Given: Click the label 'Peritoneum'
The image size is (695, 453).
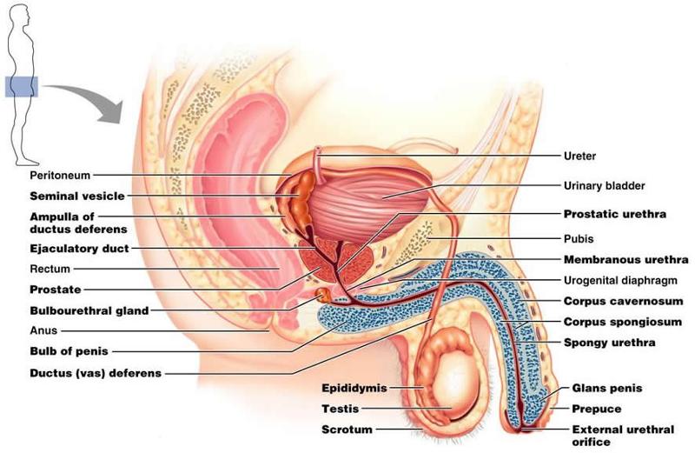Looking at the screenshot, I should (60, 175).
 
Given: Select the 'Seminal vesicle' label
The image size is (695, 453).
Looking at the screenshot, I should (77, 196).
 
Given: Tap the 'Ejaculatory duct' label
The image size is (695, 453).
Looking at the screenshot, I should (79, 248).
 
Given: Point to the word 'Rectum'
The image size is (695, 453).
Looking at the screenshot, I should (50, 269).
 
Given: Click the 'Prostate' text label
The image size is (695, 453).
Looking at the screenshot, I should (56, 289).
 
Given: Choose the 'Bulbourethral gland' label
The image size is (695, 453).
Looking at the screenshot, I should (89, 310).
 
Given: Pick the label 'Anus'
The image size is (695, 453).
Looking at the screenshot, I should (43, 330).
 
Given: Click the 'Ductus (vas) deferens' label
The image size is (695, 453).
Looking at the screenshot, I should (96, 373).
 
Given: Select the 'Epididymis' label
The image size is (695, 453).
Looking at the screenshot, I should (354, 388).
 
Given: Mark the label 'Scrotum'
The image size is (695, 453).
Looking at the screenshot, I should (347, 430).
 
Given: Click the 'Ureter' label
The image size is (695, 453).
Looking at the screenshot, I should (579, 157).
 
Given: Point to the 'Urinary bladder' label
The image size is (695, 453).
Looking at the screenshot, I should (605, 185).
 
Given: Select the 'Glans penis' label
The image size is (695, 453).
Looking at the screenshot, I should (606, 389).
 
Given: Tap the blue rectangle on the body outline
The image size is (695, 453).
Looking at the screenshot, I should (21, 86).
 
